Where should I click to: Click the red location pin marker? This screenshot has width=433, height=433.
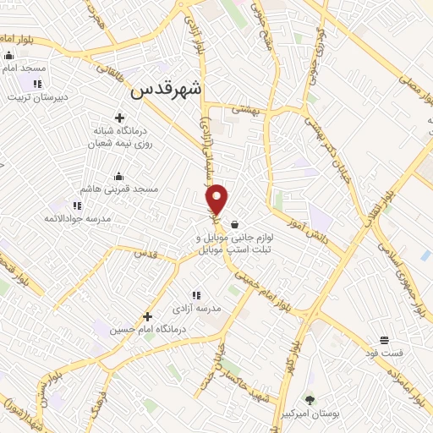[x=217, y=199]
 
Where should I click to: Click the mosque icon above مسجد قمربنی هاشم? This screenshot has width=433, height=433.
[x=118, y=176]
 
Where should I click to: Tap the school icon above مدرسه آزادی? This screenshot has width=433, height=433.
[x=196, y=295]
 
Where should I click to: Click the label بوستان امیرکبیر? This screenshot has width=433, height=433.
[x=310, y=414]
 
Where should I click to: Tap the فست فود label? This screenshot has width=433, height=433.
[x=385, y=352]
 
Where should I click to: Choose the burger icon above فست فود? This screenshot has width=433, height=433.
[x=385, y=339]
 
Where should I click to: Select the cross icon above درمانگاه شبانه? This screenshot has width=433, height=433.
[x=119, y=118]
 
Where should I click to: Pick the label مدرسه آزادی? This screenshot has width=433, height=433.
[x=197, y=309]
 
